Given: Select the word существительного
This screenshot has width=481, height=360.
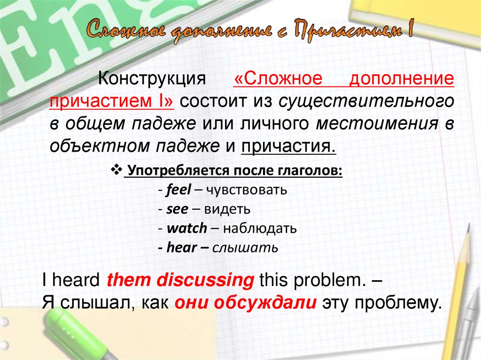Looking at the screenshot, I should [366, 100].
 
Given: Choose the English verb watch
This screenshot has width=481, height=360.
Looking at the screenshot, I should [186, 229].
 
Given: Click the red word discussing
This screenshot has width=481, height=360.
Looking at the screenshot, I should [205, 280].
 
